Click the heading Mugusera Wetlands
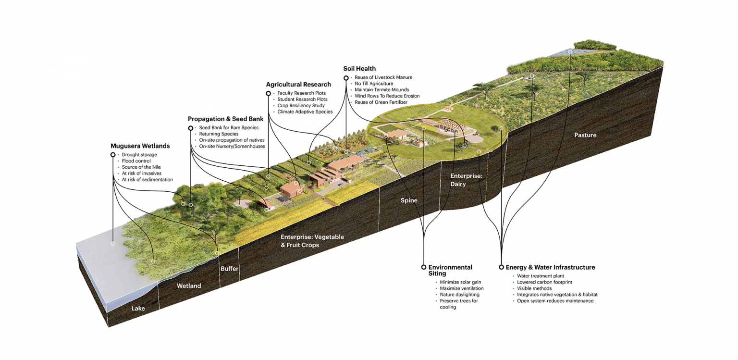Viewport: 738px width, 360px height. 140,146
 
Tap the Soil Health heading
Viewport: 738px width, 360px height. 359,69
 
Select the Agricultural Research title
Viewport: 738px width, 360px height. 298,85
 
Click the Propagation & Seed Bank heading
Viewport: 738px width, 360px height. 226,119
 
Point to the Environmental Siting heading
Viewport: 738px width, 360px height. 450,270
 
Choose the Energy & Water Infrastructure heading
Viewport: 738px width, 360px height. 550,267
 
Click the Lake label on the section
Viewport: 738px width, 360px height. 138,308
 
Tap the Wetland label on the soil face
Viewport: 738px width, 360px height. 189,286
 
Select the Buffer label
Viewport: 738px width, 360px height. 229,269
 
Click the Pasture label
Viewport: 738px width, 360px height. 585,135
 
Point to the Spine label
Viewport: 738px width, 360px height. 409,200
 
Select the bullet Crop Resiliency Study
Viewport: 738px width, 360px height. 301,105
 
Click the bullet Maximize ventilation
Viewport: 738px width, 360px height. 462,288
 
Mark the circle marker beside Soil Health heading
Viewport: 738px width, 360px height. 346,78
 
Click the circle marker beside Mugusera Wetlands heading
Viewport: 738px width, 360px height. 113,155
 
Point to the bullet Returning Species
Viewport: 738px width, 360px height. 219,134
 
